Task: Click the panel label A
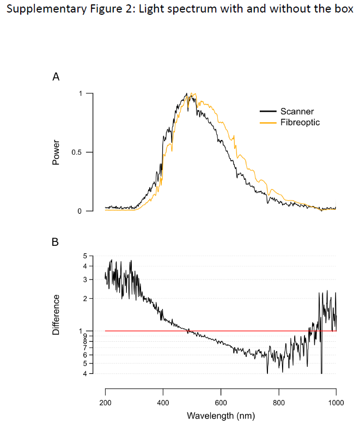56,77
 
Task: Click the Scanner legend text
297,112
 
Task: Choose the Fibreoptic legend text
300,123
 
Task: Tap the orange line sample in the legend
268,123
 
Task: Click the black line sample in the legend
268,112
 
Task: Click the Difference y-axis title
56,314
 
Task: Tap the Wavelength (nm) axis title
221,416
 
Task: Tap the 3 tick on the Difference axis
84,280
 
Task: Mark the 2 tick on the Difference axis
84,299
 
